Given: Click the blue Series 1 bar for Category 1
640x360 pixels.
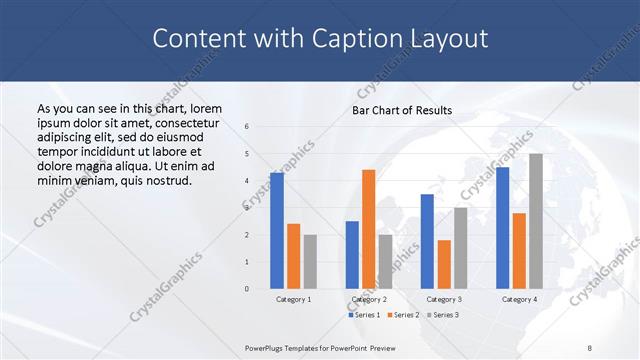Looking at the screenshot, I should click(x=277, y=231).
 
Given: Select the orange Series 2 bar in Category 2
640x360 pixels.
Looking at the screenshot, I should click(x=368, y=229).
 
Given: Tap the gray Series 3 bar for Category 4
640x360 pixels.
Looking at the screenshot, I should click(x=536, y=221).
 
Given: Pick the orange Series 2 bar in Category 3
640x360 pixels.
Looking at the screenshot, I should click(x=444, y=264).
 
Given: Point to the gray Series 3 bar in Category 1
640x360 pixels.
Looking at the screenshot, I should click(x=310, y=262).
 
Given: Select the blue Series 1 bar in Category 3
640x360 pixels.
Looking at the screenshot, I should click(x=427, y=241).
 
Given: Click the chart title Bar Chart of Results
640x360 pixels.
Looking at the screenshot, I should click(x=402, y=110).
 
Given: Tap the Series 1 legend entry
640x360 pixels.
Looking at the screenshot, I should click(x=364, y=315).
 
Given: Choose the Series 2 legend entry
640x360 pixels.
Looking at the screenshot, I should click(x=404, y=315).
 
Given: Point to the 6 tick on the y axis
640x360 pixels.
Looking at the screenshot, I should click(x=247, y=126).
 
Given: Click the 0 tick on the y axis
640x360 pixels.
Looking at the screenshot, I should click(x=247, y=289).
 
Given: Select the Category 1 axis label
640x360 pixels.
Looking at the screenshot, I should click(x=293, y=299).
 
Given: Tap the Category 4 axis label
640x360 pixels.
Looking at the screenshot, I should click(x=518, y=299).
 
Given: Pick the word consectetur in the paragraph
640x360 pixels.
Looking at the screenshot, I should click(x=182, y=122).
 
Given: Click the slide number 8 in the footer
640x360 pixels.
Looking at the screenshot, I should click(x=590, y=347).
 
